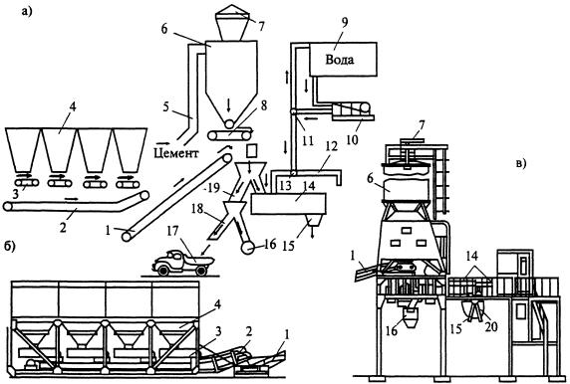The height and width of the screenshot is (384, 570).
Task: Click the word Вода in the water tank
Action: pyautogui.click(x=340, y=59)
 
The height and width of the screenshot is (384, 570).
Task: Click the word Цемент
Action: pyautogui.click(x=176, y=153)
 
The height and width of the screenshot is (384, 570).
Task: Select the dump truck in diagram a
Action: pyautogui.click(x=182, y=263)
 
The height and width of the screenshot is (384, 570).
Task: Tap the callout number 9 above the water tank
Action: pyautogui.click(x=343, y=22)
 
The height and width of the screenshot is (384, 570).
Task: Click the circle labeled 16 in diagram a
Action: pyautogui.click(x=247, y=248)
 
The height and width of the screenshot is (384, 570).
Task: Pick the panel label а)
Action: pyautogui.click(x=27, y=12)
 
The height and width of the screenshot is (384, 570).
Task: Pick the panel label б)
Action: pyautogui.click(x=9, y=247)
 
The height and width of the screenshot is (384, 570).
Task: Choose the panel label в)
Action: pyautogui.click(x=520, y=164)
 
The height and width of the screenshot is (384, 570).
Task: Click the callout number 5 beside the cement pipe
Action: pyautogui.click(x=165, y=107)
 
